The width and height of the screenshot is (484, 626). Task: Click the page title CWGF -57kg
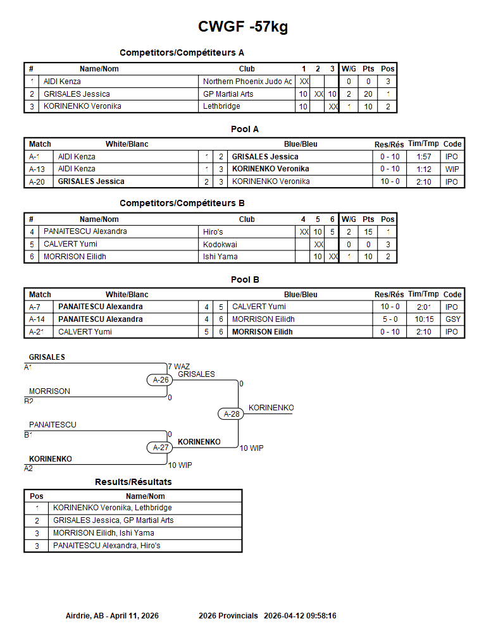[243, 27]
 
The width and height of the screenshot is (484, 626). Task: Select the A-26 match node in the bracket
[160, 379]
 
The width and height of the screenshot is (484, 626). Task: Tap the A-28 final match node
[231, 414]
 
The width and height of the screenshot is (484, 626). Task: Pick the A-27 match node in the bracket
[160, 448]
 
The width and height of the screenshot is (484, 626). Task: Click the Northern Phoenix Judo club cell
[247, 82]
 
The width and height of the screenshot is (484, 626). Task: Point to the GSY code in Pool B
[453, 319]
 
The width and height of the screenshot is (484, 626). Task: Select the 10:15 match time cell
[424, 319]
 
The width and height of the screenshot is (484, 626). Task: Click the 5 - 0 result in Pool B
[390, 319]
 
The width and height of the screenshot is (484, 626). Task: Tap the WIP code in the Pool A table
[452, 169]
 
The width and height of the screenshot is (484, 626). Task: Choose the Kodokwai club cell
[220, 244]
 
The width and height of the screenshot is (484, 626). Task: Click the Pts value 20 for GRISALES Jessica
[368, 94]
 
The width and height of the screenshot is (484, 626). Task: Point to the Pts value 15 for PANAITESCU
[368, 232]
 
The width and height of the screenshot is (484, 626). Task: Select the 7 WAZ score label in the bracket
[179, 367]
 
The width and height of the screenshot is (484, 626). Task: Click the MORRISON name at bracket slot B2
[49, 391]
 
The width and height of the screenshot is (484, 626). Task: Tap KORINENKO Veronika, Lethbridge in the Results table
[112, 508]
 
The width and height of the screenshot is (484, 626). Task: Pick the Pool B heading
[245, 279]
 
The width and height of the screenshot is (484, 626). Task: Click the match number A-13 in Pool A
[37, 169]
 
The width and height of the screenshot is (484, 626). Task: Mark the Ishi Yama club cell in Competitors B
[220, 257]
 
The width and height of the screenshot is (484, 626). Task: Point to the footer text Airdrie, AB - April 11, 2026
[112, 616]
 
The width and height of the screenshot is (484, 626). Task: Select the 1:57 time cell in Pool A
[424, 157]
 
